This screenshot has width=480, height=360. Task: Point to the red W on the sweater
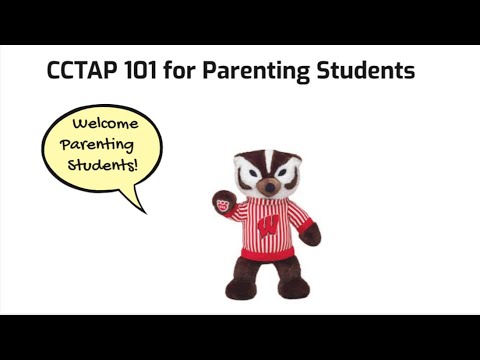coord(267,226)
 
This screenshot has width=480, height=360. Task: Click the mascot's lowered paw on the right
coord(312,235)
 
